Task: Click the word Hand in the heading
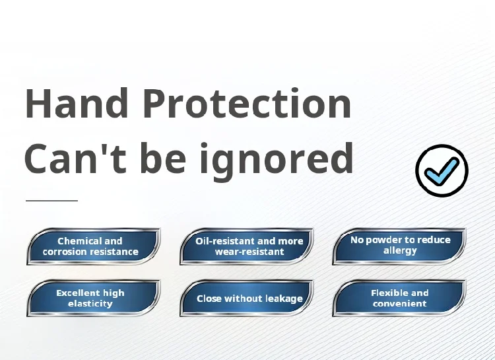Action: coord(77,103)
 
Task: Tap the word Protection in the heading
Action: coord(247,103)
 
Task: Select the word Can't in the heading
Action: coord(76,158)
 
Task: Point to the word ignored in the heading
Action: coord(277,161)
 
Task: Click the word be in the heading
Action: coord(163,158)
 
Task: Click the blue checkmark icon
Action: coord(442,170)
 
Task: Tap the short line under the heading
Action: coord(51,200)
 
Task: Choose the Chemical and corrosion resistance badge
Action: coord(94,246)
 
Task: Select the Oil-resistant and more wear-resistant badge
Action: coord(247,246)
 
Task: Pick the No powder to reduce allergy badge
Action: coord(399,246)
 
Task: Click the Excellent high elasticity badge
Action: coord(94,298)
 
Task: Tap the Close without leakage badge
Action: coord(247,298)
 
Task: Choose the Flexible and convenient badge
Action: coord(399,298)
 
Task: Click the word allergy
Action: coord(400,250)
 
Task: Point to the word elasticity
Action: coord(90,304)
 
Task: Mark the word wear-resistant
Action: coord(249,252)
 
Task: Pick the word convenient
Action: coord(400,304)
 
